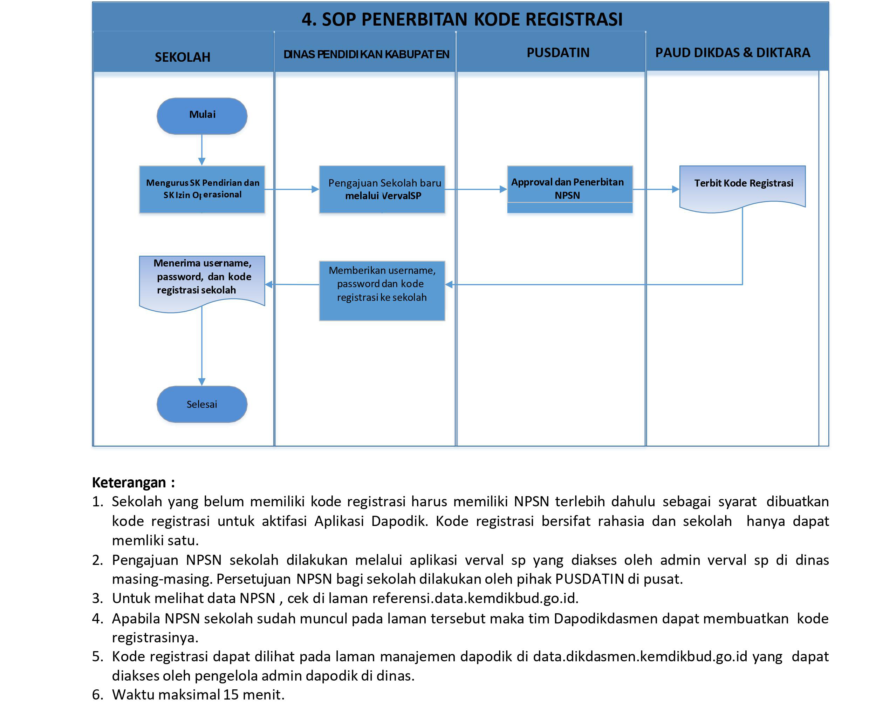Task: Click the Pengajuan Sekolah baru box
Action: pos(382,189)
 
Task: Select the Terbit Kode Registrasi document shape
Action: pos(742,186)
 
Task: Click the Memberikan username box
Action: pos(382,290)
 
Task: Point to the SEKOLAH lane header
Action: pos(183,57)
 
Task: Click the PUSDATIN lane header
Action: pos(557,53)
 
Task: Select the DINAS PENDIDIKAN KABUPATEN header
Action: pos(366,54)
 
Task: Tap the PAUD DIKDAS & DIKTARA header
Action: pos(732,53)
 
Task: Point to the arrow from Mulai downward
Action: pos(201,149)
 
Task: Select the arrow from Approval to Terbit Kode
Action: pos(656,189)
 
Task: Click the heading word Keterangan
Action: pos(129,482)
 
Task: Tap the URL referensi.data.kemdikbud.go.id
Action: pos(475,598)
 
